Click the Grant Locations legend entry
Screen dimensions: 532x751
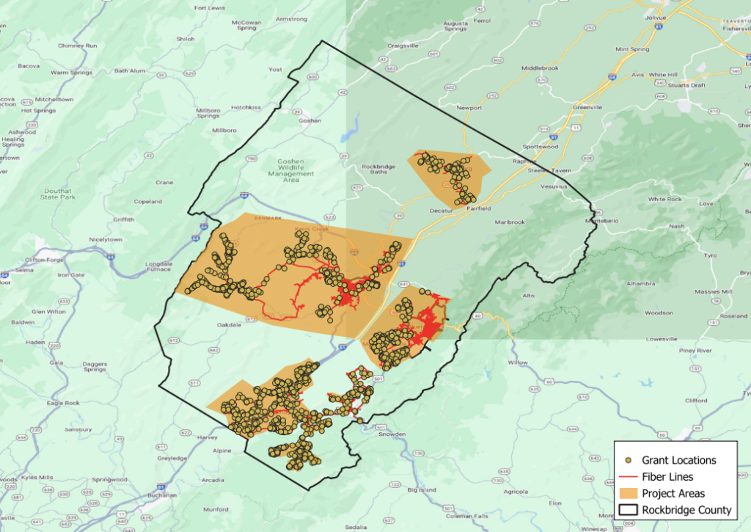click(x=678, y=460)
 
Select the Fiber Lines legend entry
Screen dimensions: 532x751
click(x=667, y=477)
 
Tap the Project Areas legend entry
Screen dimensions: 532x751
click(x=673, y=493)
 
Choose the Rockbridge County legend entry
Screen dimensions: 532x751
click(x=686, y=510)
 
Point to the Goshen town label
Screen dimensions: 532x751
click(x=310, y=120)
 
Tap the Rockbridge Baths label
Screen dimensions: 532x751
click(x=379, y=170)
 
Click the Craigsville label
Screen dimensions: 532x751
click(x=403, y=45)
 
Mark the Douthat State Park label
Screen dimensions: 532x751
click(x=58, y=194)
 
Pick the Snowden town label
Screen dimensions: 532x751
click(x=392, y=434)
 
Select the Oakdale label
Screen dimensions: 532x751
click(x=230, y=324)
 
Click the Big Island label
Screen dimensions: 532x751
click(x=422, y=489)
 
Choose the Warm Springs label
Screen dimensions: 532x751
click(x=70, y=73)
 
